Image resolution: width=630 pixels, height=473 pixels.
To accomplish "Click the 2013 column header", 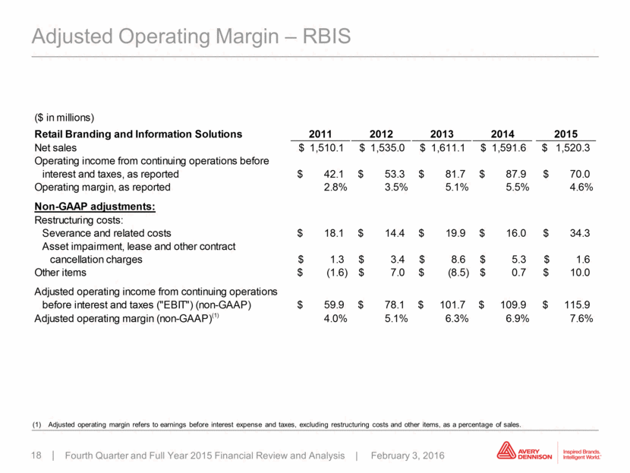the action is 442,134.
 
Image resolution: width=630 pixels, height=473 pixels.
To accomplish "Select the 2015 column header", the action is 565,134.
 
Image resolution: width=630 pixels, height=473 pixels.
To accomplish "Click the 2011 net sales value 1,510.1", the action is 326,148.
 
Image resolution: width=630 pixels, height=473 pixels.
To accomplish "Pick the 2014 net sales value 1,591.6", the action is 509,148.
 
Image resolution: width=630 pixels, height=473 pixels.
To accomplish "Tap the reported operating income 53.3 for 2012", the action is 395,174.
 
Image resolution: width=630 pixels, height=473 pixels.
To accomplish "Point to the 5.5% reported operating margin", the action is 518,188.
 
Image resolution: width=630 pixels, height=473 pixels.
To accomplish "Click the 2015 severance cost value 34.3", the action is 580,233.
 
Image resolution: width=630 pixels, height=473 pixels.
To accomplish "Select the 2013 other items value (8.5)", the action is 458,273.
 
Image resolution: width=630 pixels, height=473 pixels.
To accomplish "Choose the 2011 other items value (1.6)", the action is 337,273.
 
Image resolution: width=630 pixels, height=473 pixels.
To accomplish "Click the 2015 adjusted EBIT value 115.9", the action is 577,304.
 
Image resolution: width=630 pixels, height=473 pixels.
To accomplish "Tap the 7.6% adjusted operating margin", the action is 581,318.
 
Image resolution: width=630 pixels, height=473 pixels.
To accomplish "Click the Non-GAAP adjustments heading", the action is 95,207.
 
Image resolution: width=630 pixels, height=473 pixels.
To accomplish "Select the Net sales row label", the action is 55,148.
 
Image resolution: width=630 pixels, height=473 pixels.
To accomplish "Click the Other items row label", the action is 60,273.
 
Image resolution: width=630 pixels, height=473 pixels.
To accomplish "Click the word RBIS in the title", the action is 326,36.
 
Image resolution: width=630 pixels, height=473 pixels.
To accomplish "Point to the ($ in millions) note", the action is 65,118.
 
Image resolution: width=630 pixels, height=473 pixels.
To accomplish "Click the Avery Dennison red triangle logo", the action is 506,450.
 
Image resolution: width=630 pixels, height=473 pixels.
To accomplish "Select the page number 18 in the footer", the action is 36,456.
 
